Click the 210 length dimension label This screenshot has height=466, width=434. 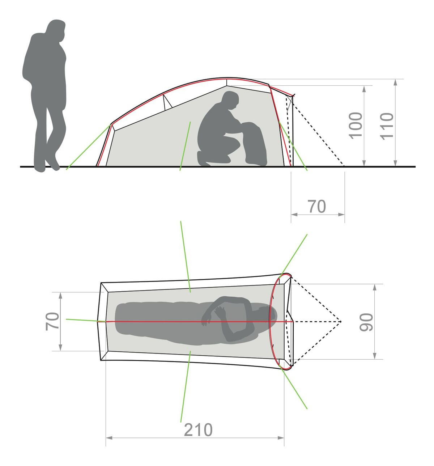coord(198,429)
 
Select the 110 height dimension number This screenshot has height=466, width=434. coord(386,126)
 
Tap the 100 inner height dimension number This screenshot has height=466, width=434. coord(356,126)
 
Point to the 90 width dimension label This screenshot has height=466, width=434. coord(366,322)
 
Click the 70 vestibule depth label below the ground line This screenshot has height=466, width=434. coord(317,206)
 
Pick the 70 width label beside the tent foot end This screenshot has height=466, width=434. coord(52,321)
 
